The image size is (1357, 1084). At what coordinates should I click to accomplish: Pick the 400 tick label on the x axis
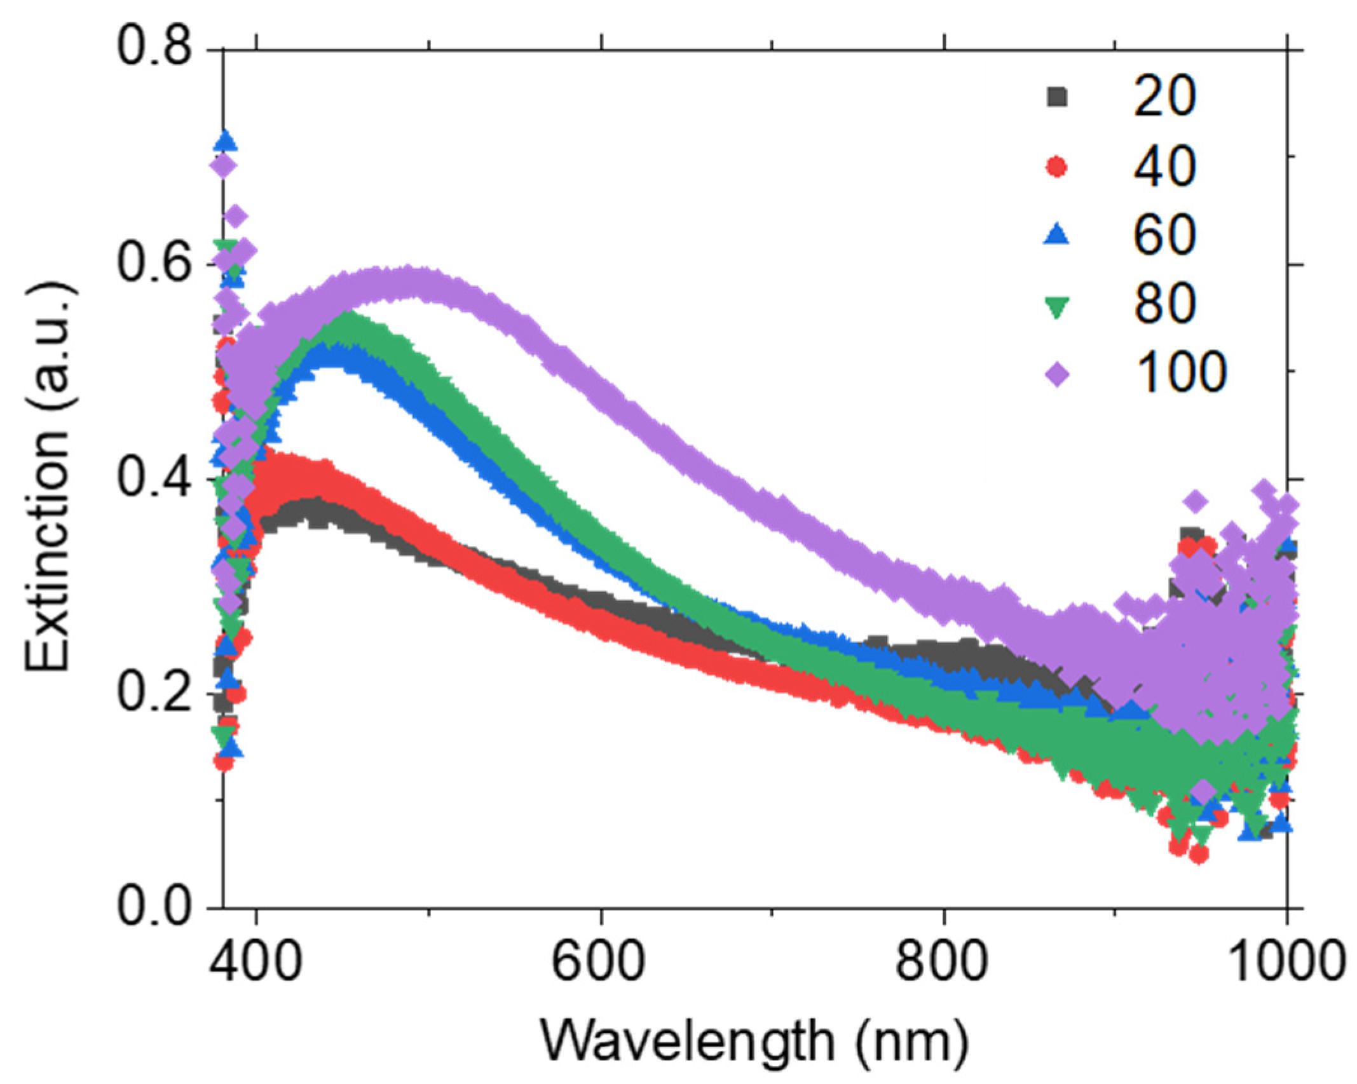click(256, 961)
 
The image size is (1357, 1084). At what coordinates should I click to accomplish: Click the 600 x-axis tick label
click(600, 961)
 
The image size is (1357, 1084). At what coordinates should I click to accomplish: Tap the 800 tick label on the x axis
click(943, 961)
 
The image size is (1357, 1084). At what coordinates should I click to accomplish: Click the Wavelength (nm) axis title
click(755, 1041)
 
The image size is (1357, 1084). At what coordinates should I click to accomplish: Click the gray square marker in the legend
click(1057, 97)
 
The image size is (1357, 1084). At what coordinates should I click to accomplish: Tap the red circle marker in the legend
click(1057, 167)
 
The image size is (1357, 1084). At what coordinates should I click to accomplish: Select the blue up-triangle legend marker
click(1057, 235)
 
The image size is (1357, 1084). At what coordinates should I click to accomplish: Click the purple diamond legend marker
click(1057, 375)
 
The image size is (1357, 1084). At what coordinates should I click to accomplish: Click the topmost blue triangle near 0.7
click(227, 141)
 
